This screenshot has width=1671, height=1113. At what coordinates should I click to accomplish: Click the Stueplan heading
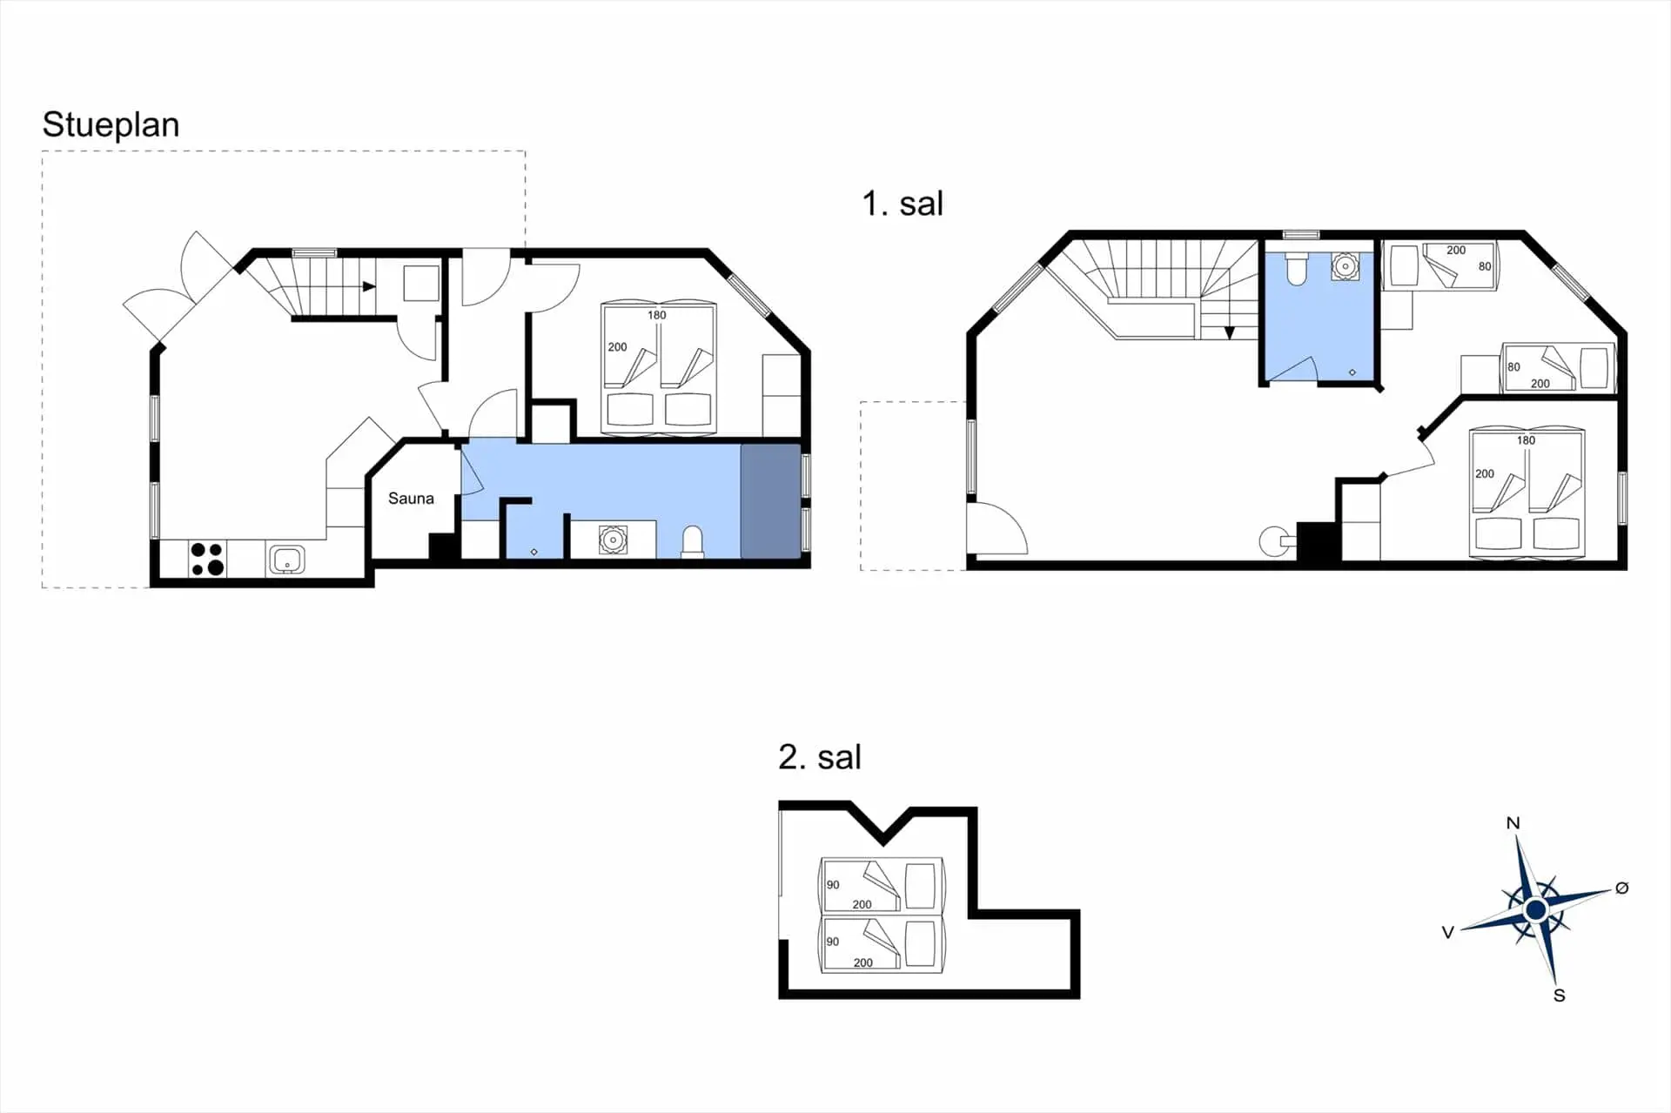click(111, 125)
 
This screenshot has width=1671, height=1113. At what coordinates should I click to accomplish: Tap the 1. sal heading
click(903, 204)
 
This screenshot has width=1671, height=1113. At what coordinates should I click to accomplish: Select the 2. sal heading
click(820, 757)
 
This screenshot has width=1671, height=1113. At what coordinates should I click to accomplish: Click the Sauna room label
click(411, 499)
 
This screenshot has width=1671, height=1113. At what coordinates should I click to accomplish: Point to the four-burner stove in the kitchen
click(208, 559)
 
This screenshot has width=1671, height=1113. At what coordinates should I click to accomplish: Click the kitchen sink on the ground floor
click(286, 560)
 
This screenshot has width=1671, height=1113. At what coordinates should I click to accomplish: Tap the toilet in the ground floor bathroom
click(693, 540)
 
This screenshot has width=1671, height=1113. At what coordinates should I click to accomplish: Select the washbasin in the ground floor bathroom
click(613, 540)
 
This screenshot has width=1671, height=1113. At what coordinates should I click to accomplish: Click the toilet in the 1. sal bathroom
click(1297, 269)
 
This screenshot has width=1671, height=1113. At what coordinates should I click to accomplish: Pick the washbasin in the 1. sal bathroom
click(1346, 266)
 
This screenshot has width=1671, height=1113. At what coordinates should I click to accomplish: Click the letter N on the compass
click(1513, 823)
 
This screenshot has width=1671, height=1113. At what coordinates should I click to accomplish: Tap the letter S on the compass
click(1560, 996)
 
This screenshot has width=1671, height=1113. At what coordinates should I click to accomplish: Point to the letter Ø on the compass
click(1621, 888)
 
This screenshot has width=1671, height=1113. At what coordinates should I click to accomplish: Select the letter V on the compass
click(1448, 932)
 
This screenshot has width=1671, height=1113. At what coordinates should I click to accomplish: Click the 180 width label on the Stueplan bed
click(657, 315)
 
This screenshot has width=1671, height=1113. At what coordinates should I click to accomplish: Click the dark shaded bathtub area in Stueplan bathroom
click(770, 501)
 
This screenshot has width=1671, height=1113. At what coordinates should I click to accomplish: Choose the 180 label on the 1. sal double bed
click(1527, 440)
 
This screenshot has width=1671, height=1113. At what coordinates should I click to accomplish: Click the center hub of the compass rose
click(1536, 910)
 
